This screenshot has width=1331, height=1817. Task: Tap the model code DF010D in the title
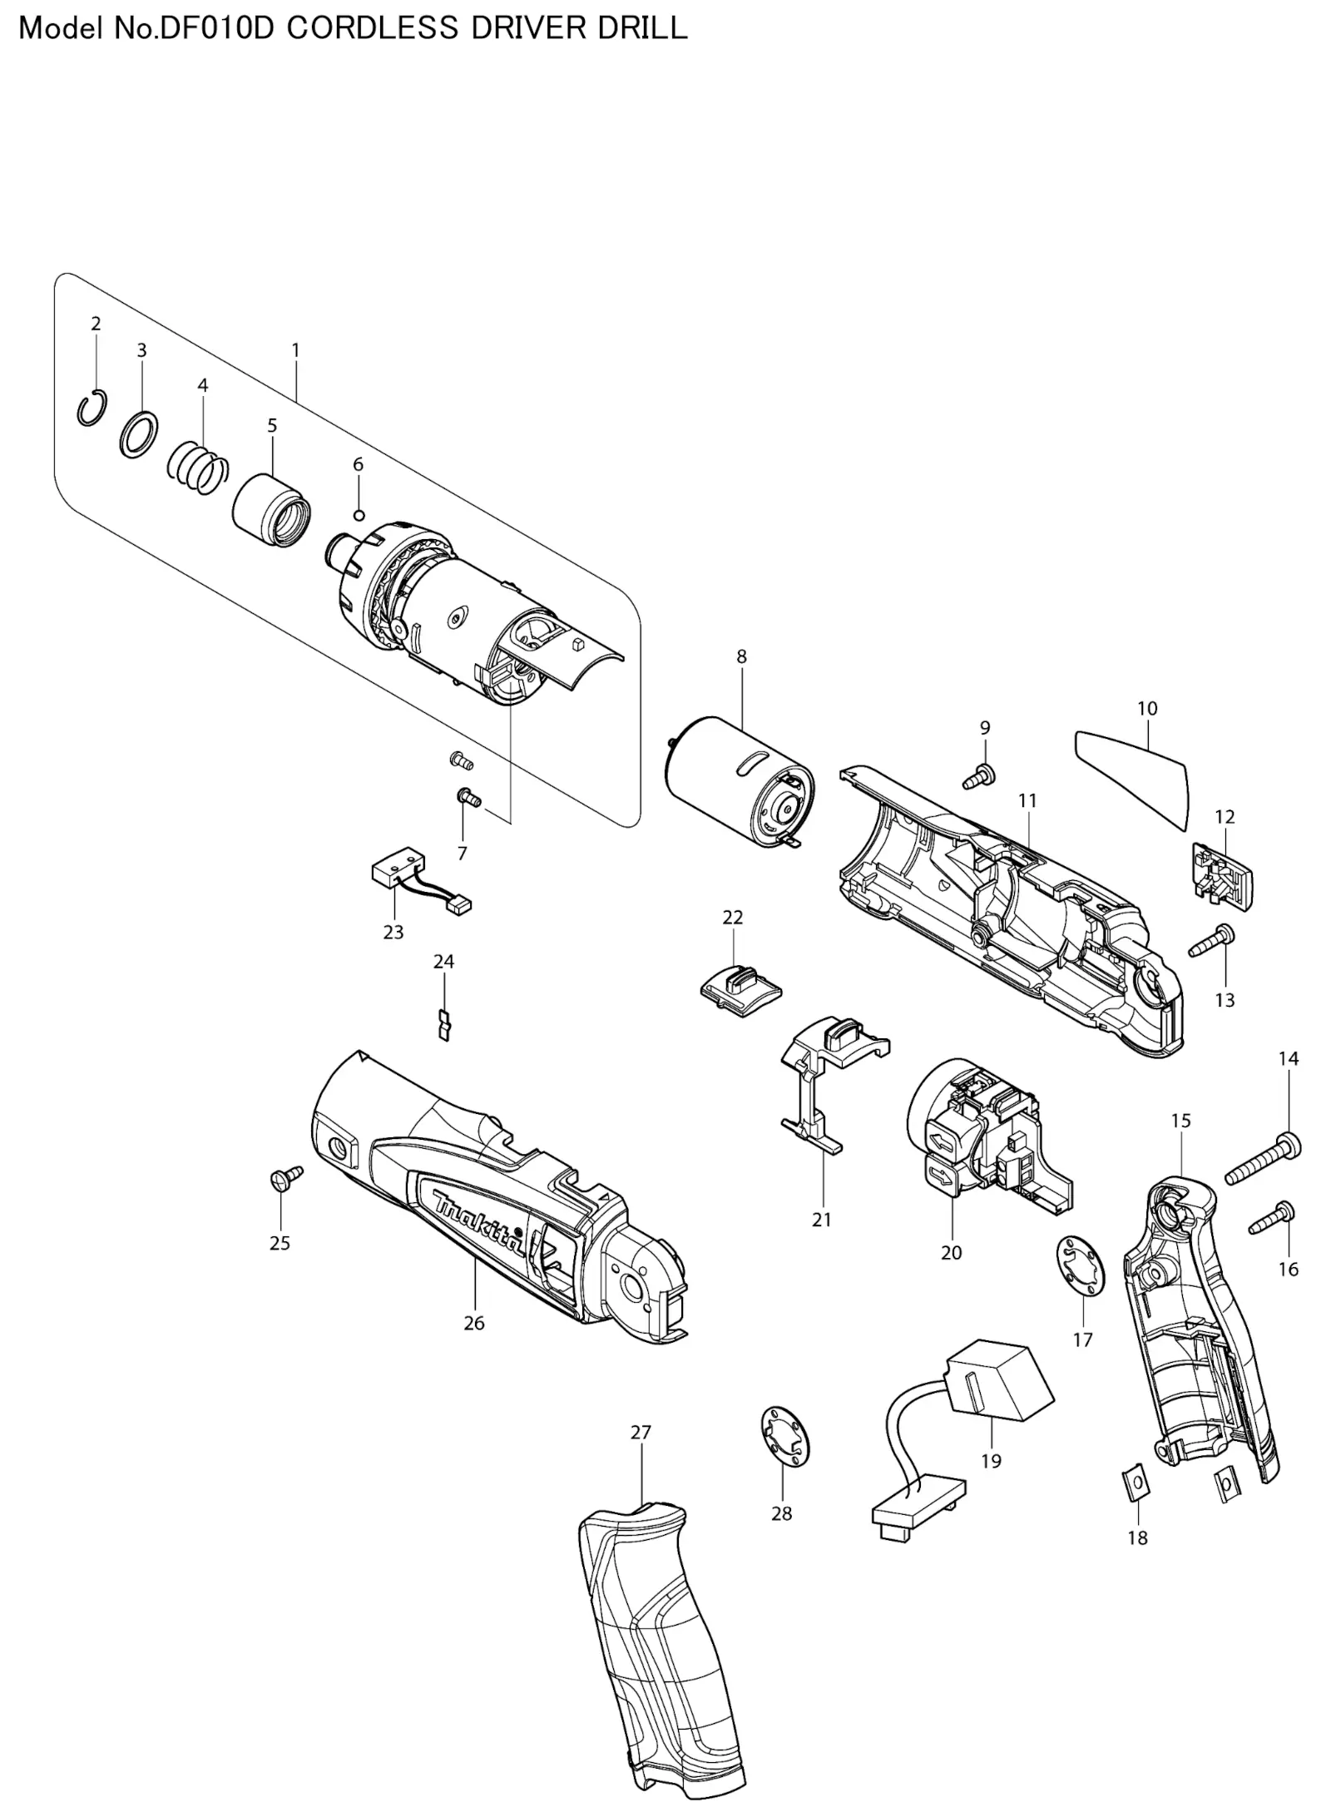coord(220,28)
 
